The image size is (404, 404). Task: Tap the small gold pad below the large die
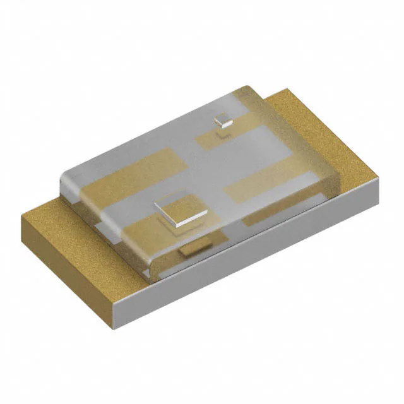pos(194,249)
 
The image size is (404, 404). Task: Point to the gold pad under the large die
pos(158,230)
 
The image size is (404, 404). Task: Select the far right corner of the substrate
pos(379,180)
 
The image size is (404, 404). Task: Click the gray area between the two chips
pos(202,164)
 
